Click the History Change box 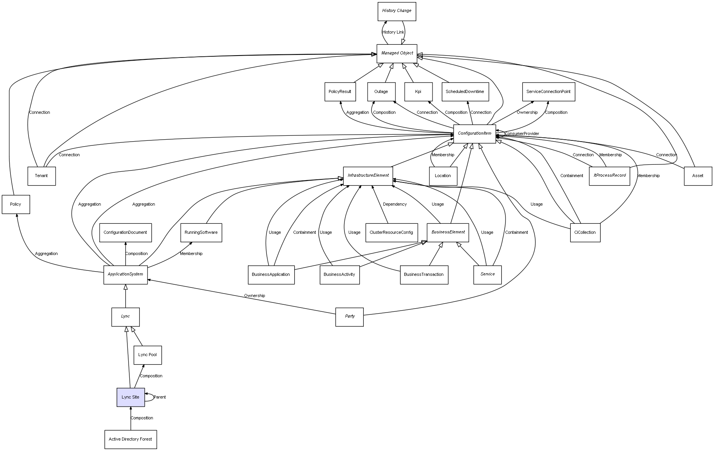[397, 11]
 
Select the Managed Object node [397, 53]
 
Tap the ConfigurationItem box [474, 133]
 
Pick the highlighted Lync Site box [131, 397]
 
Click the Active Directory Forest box [131, 439]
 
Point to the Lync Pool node [148, 355]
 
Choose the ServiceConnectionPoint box [548, 92]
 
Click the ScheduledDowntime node [465, 92]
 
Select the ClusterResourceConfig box [391, 233]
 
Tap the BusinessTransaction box [424, 275]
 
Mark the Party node [349, 316]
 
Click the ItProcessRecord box [609, 176]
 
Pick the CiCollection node [585, 233]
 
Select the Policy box [16, 204]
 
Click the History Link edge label [393, 32]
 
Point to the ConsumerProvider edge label [522, 134]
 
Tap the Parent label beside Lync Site [160, 397]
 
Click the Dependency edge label [395, 204]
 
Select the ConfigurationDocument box [125, 233]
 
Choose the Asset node [698, 176]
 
